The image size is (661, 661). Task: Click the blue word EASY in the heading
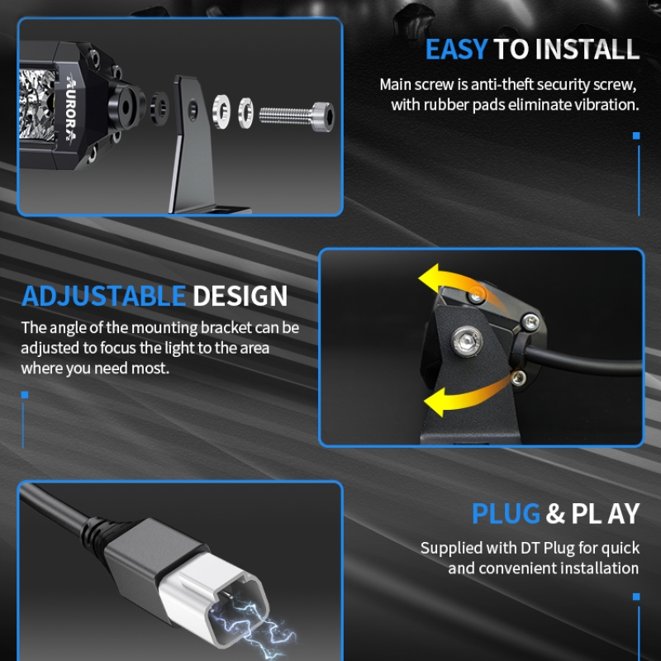click(x=457, y=50)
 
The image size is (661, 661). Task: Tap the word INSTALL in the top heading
click(x=587, y=50)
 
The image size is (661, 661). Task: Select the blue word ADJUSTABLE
click(x=104, y=296)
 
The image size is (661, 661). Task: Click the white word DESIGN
click(x=240, y=296)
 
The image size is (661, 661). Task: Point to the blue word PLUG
click(x=506, y=513)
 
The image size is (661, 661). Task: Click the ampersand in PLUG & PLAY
click(x=555, y=513)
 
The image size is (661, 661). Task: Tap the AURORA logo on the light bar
click(x=70, y=107)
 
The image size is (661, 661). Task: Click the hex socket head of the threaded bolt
click(x=324, y=116)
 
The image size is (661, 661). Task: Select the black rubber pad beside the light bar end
click(x=159, y=108)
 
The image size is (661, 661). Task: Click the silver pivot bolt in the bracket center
click(x=467, y=340)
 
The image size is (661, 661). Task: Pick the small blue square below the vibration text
click(x=636, y=136)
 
